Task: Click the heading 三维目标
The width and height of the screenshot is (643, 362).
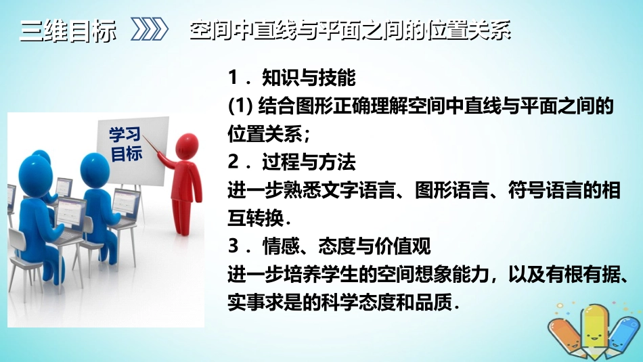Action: [68, 31]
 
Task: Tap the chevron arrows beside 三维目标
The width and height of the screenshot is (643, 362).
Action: [148, 31]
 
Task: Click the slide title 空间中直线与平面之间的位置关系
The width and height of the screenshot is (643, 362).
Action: [350, 32]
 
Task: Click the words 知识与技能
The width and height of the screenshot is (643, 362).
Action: [309, 78]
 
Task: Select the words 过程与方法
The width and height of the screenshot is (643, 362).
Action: [309, 162]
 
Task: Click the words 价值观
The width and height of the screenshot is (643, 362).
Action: [408, 246]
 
